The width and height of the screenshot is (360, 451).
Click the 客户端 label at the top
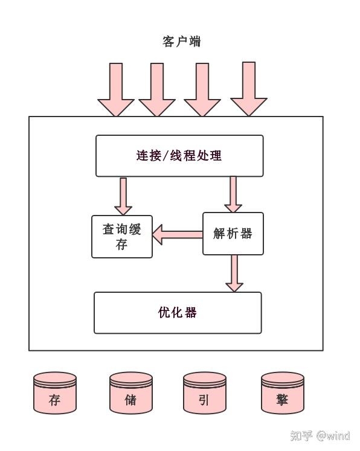pyautogui.click(x=181, y=42)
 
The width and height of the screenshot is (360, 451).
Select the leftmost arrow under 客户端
pyautogui.click(x=115, y=89)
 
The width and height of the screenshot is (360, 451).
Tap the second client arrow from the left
pyautogui.click(x=157, y=89)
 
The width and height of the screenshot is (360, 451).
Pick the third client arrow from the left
pyautogui.click(x=202, y=89)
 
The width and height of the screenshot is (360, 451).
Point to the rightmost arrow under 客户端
pyautogui.click(x=248, y=88)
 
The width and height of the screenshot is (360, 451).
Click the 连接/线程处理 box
pyautogui.click(x=179, y=156)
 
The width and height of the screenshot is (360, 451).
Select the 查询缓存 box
pyautogui.click(x=122, y=237)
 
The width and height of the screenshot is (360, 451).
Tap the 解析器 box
pyautogui.click(x=233, y=234)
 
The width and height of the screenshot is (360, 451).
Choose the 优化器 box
pyautogui.click(x=178, y=313)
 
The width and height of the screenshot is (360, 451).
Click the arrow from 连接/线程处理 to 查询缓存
pyautogui.click(x=123, y=196)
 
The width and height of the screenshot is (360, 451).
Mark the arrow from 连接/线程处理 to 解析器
pyautogui.click(x=233, y=194)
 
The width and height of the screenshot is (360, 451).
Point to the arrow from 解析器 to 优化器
pyautogui.click(x=233, y=273)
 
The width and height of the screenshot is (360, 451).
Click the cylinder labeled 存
pyautogui.click(x=55, y=393)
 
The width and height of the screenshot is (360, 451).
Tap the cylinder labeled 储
pyautogui.click(x=130, y=393)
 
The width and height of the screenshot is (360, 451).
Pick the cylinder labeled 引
pyautogui.click(x=204, y=393)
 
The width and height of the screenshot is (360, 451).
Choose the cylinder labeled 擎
pyautogui.click(x=282, y=393)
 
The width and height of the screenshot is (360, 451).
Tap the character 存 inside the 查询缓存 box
pyautogui.click(x=122, y=245)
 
